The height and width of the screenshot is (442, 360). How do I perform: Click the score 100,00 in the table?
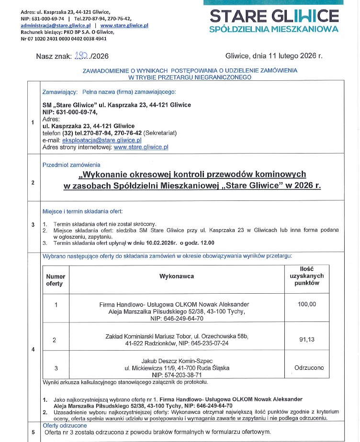(307, 304)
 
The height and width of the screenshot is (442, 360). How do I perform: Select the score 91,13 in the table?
(307, 339)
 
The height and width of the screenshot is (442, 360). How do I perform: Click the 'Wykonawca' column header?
(177, 276)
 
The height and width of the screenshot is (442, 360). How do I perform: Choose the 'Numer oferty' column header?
(55, 280)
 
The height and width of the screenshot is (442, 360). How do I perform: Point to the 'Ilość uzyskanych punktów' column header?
(307, 276)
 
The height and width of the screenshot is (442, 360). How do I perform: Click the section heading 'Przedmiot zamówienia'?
(68, 165)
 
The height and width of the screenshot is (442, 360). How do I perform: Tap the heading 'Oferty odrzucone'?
(65, 425)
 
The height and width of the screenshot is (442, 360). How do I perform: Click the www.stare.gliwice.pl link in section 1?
(141, 147)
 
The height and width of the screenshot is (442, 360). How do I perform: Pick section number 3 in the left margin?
(33, 224)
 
